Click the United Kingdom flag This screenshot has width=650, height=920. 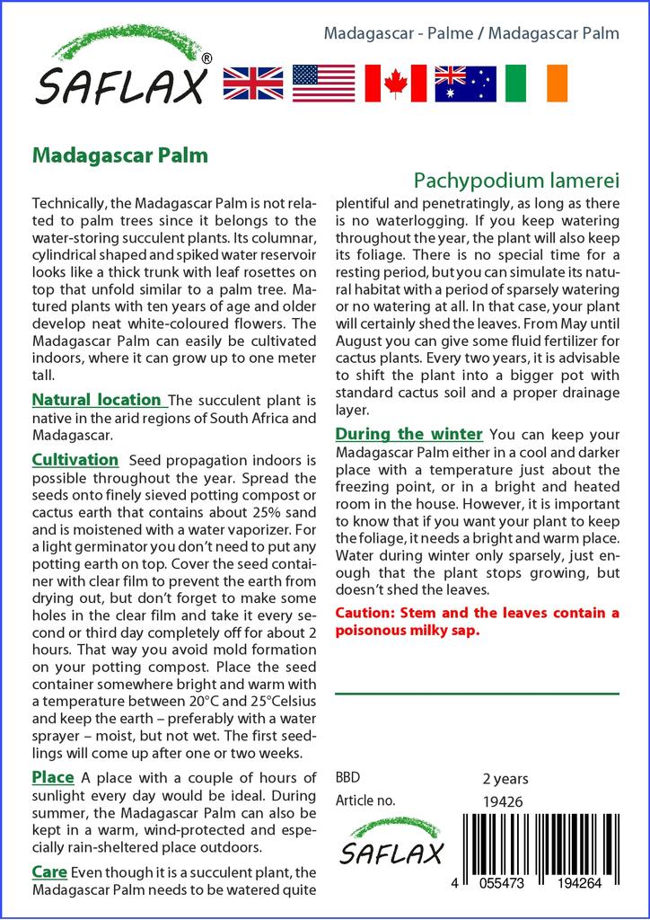click(x=253, y=83)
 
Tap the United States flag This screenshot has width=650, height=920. click(x=324, y=83)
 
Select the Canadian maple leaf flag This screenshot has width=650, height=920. click(x=395, y=83)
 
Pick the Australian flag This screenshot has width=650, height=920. click(x=465, y=83)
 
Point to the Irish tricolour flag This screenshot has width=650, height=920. click(x=536, y=83)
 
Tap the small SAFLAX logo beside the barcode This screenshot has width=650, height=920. click(x=391, y=845)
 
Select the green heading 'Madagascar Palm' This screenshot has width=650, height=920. click(x=120, y=155)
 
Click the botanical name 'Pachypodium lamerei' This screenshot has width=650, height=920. click(x=517, y=180)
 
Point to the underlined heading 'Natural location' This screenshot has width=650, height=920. click(x=97, y=400)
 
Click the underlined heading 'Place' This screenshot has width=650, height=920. click(x=53, y=777)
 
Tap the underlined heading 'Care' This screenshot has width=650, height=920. click(x=49, y=871)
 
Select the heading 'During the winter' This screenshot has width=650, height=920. click(x=409, y=435)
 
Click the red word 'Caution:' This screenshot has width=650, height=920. click(x=365, y=614)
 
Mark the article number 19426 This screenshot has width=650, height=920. click(x=503, y=801)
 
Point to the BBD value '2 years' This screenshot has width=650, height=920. click(x=505, y=779)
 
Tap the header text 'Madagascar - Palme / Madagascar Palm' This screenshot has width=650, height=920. click(x=471, y=34)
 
